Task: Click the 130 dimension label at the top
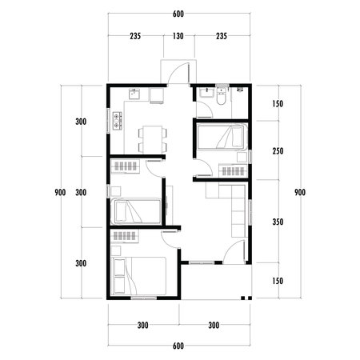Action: (177, 36)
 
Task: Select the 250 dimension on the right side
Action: (277, 152)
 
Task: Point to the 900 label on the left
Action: (61, 193)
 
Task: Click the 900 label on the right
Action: (300, 193)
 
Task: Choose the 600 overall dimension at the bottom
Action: (177, 346)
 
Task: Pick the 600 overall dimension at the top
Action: (177, 14)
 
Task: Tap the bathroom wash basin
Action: (206, 93)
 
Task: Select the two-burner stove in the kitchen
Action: (118, 123)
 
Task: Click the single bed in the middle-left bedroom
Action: (135, 212)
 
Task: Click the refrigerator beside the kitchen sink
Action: (156, 96)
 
